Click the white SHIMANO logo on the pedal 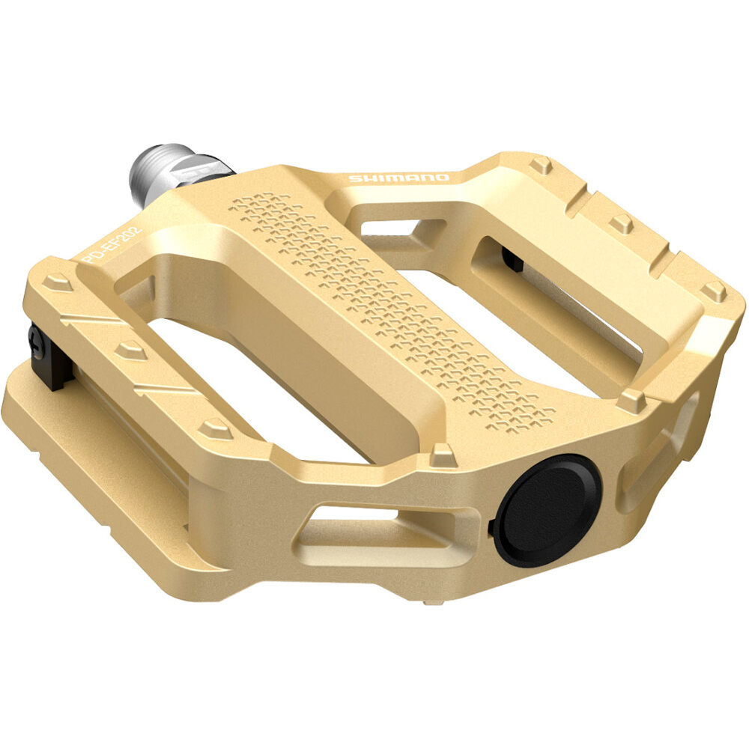point(398,178)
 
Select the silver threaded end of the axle point(154,174)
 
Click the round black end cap point(548,509)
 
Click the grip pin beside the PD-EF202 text point(57,282)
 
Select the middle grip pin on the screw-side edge point(131,350)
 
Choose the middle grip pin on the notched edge point(621,222)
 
